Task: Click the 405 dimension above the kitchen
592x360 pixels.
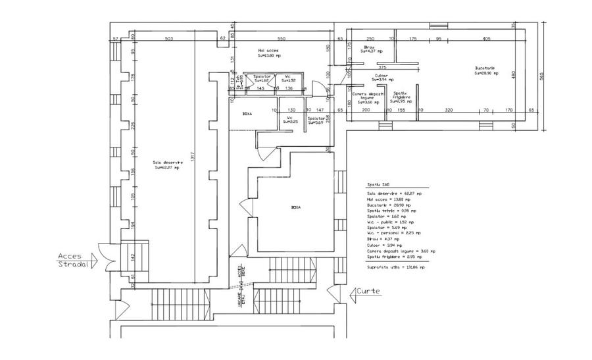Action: click(486, 39)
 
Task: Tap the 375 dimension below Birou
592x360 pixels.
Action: click(382, 68)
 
